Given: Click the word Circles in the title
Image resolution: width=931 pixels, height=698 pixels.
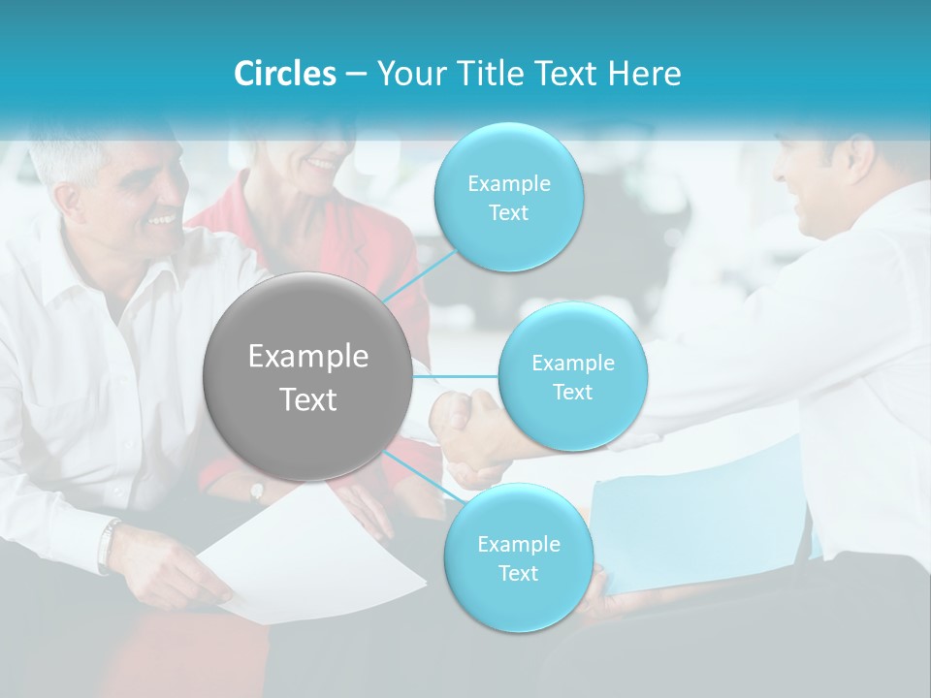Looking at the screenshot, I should pos(284,74).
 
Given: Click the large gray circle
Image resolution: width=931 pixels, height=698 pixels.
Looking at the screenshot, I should pos(307,376).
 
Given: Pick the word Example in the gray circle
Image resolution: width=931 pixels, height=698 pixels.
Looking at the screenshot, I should pos(307,357).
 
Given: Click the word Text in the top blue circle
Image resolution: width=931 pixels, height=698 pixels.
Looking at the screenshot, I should pos(508,213).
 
